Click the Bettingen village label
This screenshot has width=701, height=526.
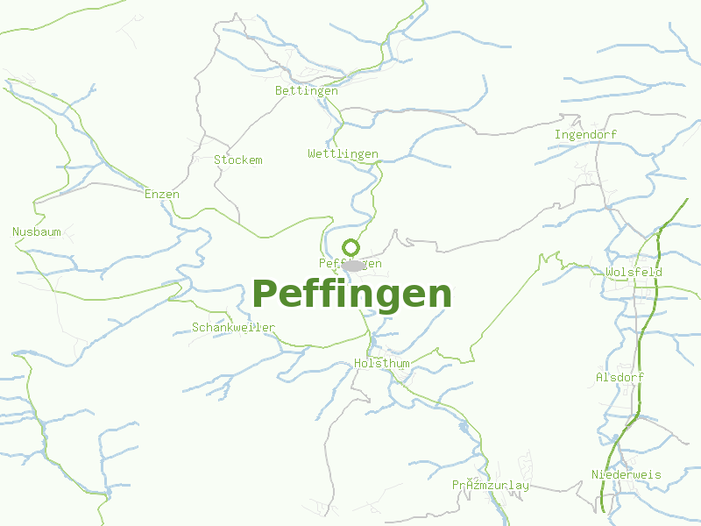click(307, 91)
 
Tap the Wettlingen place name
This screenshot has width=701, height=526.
click(343, 154)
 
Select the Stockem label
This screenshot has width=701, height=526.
click(238, 160)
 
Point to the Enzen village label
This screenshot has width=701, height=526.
click(162, 195)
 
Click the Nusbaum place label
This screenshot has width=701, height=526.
click(37, 232)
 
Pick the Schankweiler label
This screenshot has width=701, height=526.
click(234, 328)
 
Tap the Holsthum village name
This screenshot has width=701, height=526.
click(382, 363)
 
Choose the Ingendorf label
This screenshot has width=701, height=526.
click(586, 135)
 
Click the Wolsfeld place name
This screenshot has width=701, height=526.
click(634, 273)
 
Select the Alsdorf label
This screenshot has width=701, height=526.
click(620, 378)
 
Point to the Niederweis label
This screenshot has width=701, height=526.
click(627, 475)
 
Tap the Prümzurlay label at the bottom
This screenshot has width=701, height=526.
click(491, 486)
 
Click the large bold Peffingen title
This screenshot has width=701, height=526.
click(352, 294)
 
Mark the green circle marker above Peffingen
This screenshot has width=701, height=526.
click(350, 247)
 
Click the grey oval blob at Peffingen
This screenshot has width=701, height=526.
click(353, 265)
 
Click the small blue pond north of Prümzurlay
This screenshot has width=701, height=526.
click(463, 428)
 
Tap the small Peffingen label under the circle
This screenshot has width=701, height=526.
click(350, 264)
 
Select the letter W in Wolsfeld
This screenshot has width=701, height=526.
click(610, 273)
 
